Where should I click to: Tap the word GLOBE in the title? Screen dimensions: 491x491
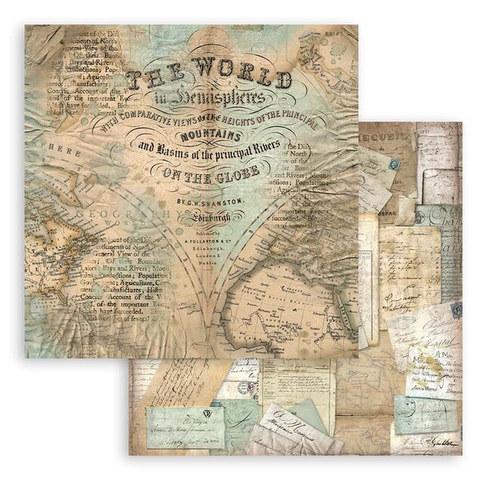236,171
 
